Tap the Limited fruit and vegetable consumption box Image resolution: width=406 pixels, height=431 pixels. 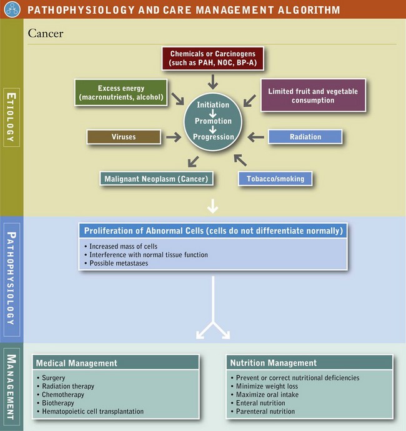[313, 96]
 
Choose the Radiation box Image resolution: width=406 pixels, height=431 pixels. [305, 137]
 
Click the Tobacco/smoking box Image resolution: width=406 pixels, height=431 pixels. [275, 179]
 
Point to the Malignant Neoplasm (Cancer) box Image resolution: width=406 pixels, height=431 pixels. [156, 179]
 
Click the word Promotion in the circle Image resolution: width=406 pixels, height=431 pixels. [214, 121]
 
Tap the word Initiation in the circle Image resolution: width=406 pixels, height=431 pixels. [214, 105]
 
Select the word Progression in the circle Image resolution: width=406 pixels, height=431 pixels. [214, 137]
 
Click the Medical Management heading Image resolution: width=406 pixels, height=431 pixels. [76, 363]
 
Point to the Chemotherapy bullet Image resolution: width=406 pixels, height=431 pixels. [62, 395]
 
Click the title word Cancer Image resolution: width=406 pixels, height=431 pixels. [46, 32]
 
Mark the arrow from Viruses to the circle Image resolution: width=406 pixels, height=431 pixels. [171, 136]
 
